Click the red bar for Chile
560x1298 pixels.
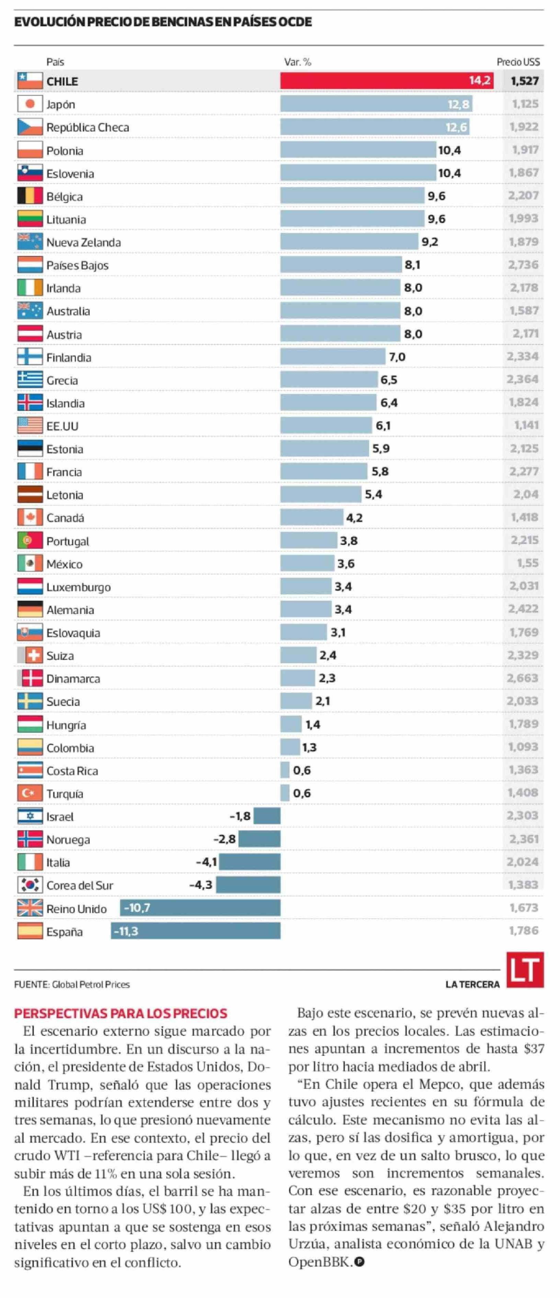386,81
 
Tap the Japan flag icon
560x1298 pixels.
30,104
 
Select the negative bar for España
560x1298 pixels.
196,931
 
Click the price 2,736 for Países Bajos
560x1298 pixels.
523,265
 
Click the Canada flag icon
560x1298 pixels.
30,517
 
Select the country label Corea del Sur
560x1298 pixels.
80,885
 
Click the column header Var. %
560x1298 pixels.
298,62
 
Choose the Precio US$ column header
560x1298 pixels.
518,62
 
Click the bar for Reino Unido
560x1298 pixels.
200,908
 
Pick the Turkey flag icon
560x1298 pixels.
30,793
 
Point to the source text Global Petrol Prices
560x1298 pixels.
91,984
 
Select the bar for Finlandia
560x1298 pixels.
333,357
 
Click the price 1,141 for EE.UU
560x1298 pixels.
526,425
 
